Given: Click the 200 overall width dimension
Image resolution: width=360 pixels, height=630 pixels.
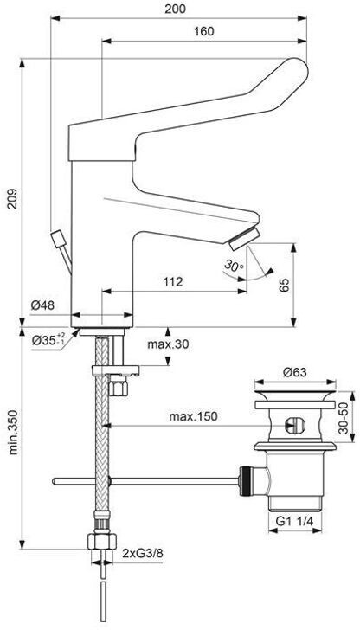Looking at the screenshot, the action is [x=176, y=9].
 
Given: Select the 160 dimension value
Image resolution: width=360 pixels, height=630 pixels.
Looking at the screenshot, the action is [x=203, y=31].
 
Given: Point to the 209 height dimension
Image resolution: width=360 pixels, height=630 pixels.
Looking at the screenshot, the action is [x=13, y=198].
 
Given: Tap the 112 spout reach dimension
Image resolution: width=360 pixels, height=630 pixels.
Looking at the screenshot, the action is [x=173, y=281].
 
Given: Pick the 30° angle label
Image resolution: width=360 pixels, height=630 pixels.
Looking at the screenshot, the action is [x=235, y=266].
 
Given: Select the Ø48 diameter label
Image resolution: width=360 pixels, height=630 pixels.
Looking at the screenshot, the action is [x=43, y=305].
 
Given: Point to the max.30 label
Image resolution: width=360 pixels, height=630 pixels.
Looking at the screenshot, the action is [x=168, y=344].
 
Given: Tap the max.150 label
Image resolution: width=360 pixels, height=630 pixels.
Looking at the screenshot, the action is [x=193, y=416].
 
